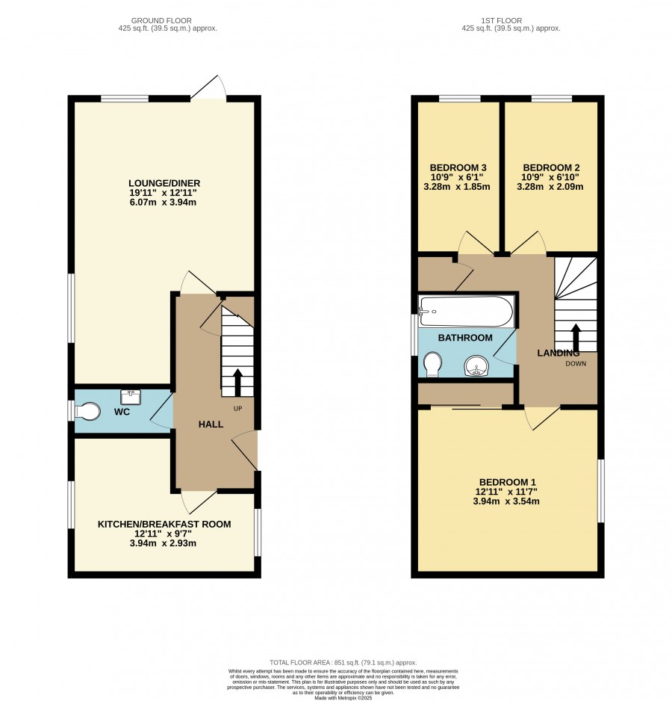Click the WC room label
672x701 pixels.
(x=122, y=412)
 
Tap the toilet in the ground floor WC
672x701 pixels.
(x=87, y=411)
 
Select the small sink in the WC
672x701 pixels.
(x=131, y=397)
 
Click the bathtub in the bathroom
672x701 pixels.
(x=466, y=311)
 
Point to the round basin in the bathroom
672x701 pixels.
(x=476, y=365)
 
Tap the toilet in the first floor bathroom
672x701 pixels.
(x=432, y=364)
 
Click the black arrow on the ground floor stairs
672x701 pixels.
(x=237, y=382)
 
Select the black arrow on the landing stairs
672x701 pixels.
(x=576, y=338)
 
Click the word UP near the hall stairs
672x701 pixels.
(x=237, y=409)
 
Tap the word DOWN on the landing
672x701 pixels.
(x=576, y=363)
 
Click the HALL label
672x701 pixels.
(x=211, y=424)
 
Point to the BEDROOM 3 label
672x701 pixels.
(x=458, y=167)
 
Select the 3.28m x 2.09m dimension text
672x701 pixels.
(x=550, y=187)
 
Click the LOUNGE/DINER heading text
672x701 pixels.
(x=164, y=183)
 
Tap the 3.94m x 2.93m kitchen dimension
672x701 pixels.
(x=163, y=543)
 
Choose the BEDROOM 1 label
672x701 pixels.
(x=508, y=482)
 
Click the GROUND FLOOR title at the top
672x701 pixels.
(x=161, y=21)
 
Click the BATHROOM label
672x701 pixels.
(x=465, y=338)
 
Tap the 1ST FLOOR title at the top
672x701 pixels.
(x=501, y=21)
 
